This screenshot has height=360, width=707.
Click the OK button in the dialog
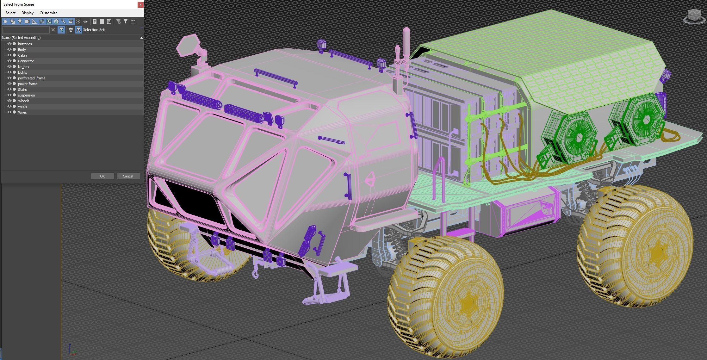click(x=102, y=176)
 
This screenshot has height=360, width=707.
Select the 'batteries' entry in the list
click(x=25, y=44)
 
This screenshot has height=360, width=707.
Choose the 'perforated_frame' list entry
click(x=32, y=78)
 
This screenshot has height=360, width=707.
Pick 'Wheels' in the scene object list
click(x=24, y=101)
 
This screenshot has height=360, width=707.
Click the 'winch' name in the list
click(x=22, y=107)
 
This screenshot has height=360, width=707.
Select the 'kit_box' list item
click(x=24, y=67)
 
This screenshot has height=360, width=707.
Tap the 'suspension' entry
click(x=27, y=95)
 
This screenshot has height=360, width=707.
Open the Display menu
click(x=28, y=13)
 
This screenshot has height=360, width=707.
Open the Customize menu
click(x=48, y=13)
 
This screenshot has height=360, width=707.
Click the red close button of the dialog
click(x=140, y=5)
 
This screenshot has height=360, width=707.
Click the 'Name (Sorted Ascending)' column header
click(x=21, y=38)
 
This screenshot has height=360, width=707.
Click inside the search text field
click(x=26, y=30)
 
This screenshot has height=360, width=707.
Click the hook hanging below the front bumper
click(x=255, y=273)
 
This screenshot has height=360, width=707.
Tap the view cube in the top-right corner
click(x=695, y=16)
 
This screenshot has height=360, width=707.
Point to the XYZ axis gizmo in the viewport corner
click(x=72, y=350)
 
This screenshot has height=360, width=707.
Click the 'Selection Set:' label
click(x=94, y=30)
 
